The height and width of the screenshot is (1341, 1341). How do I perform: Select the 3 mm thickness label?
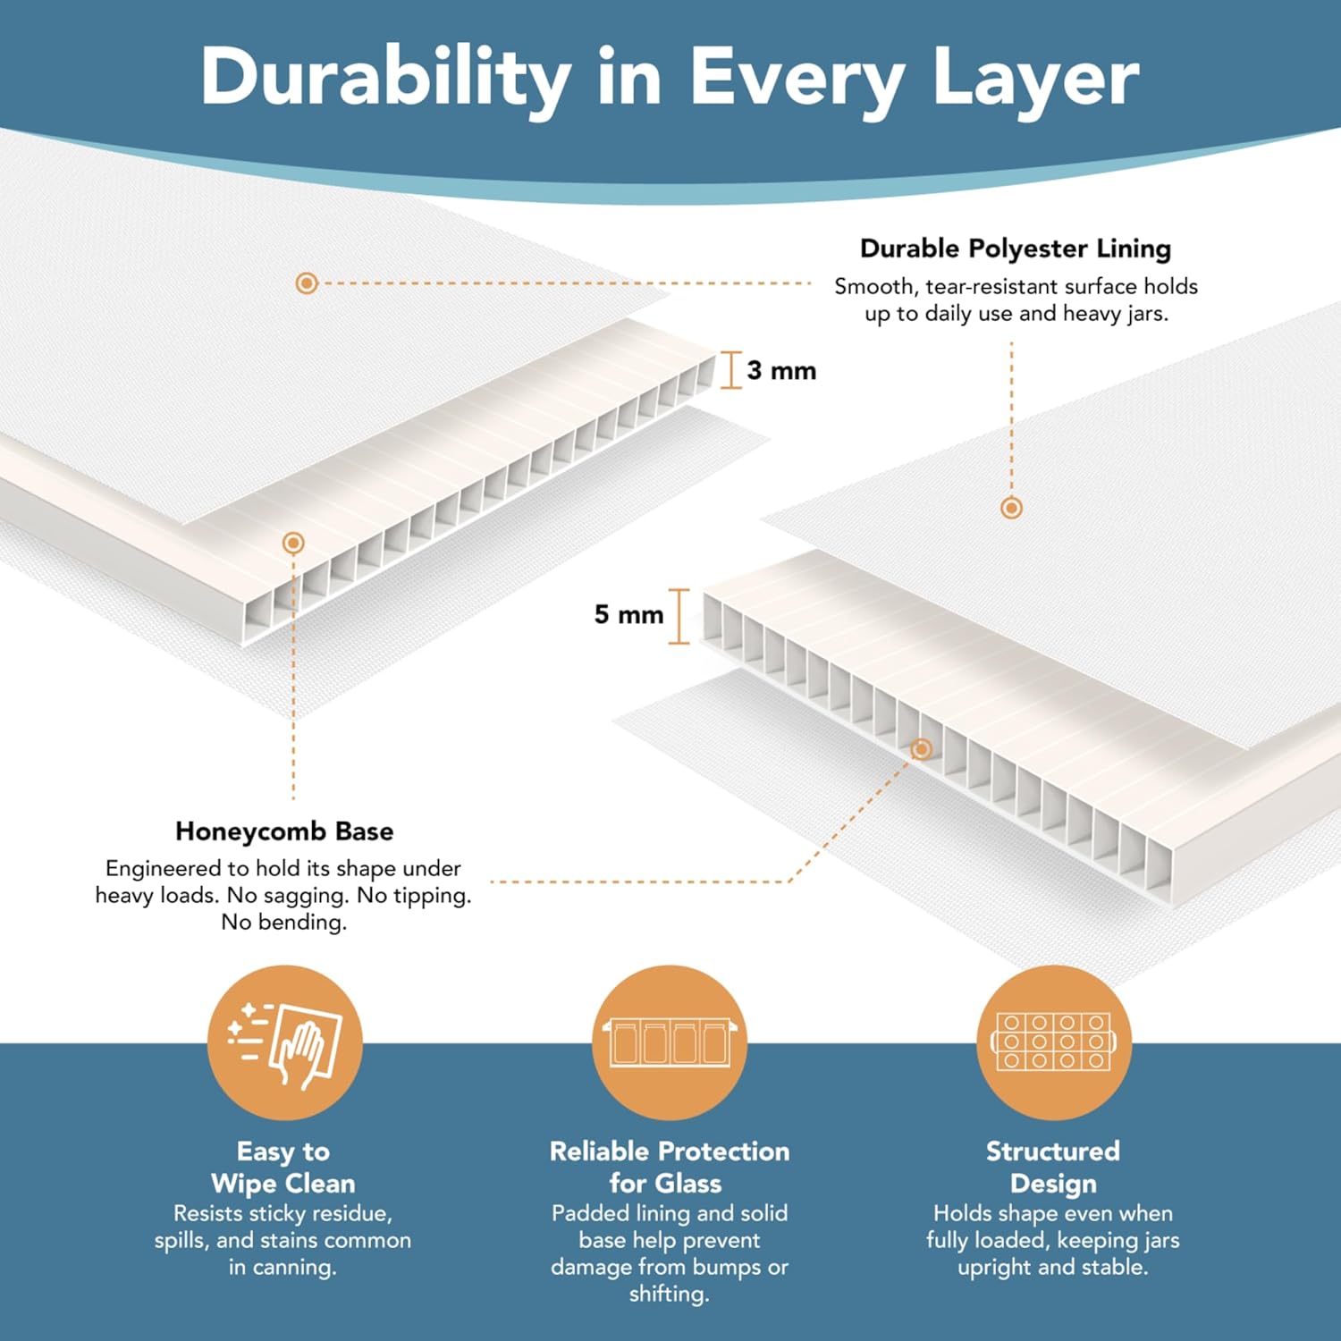781,370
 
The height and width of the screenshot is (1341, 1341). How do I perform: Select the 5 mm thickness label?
629,614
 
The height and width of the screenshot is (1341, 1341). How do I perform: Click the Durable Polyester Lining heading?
1016,249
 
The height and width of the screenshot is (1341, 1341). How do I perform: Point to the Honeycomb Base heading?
284,831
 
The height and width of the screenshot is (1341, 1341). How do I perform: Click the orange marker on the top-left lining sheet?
307,283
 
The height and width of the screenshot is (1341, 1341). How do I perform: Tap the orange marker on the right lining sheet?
1011,508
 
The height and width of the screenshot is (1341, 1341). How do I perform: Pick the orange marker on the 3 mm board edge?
293,543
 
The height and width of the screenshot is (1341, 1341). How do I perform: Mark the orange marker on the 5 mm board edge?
922,749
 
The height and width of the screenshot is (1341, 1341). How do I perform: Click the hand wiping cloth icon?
285,1042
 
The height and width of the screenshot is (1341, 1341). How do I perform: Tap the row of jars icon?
670,1042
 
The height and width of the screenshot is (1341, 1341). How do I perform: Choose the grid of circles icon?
1053,1042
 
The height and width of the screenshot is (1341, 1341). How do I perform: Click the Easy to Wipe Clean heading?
283,1167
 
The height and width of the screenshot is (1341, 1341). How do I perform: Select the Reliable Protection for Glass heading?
670,1167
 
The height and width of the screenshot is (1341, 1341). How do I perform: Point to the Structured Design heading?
1053,1167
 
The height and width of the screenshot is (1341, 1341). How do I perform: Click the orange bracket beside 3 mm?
731,370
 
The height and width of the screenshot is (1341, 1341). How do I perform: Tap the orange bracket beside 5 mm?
679,616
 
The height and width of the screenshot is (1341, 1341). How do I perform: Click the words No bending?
284,922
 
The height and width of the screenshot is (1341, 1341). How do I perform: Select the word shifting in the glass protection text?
669,1294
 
